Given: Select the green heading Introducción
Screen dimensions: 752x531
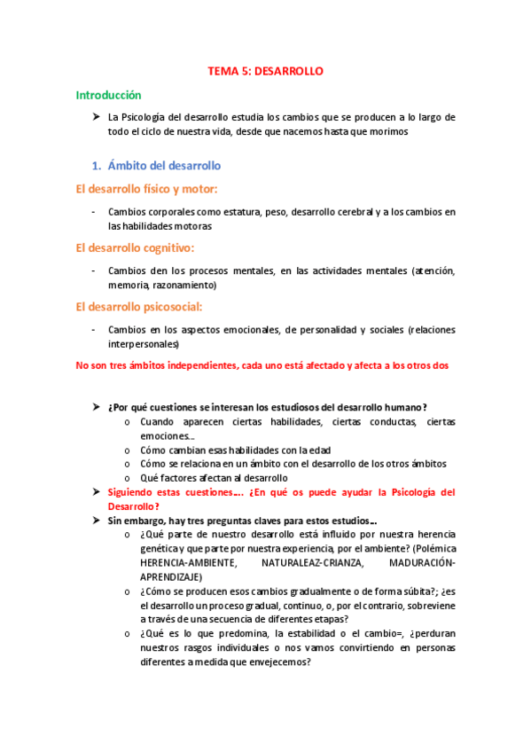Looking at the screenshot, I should pos(108,94).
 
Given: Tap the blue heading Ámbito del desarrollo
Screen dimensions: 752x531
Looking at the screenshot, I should pos(164,165).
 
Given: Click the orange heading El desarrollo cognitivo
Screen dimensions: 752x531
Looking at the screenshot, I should pos(136,247).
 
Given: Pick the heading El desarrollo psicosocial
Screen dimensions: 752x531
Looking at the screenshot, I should pos(139,307).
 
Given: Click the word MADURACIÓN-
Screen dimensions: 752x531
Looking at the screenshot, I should pos(420,563).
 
